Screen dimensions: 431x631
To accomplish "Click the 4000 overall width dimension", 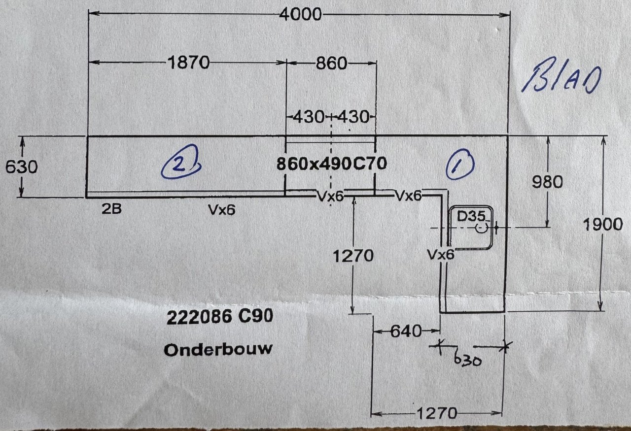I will point(300,15).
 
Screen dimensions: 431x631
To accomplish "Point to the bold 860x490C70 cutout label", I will point(331,164).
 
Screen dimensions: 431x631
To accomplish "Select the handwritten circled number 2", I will point(180,164).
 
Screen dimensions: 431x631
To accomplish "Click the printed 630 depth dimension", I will point(21,167).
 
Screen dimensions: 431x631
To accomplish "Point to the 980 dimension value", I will point(547,182).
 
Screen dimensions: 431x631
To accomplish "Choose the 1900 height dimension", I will point(602,225).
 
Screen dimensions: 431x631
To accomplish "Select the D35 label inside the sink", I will point(471,216).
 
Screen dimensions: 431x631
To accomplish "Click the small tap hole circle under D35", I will point(481,228).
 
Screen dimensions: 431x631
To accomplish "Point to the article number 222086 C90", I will point(219,318).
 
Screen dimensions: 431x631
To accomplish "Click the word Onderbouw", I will point(218,350).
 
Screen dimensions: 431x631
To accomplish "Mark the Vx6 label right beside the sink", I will point(441,255).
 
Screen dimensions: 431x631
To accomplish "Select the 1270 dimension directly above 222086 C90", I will point(353,256).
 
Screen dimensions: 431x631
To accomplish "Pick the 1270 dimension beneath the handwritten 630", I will point(437,413).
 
